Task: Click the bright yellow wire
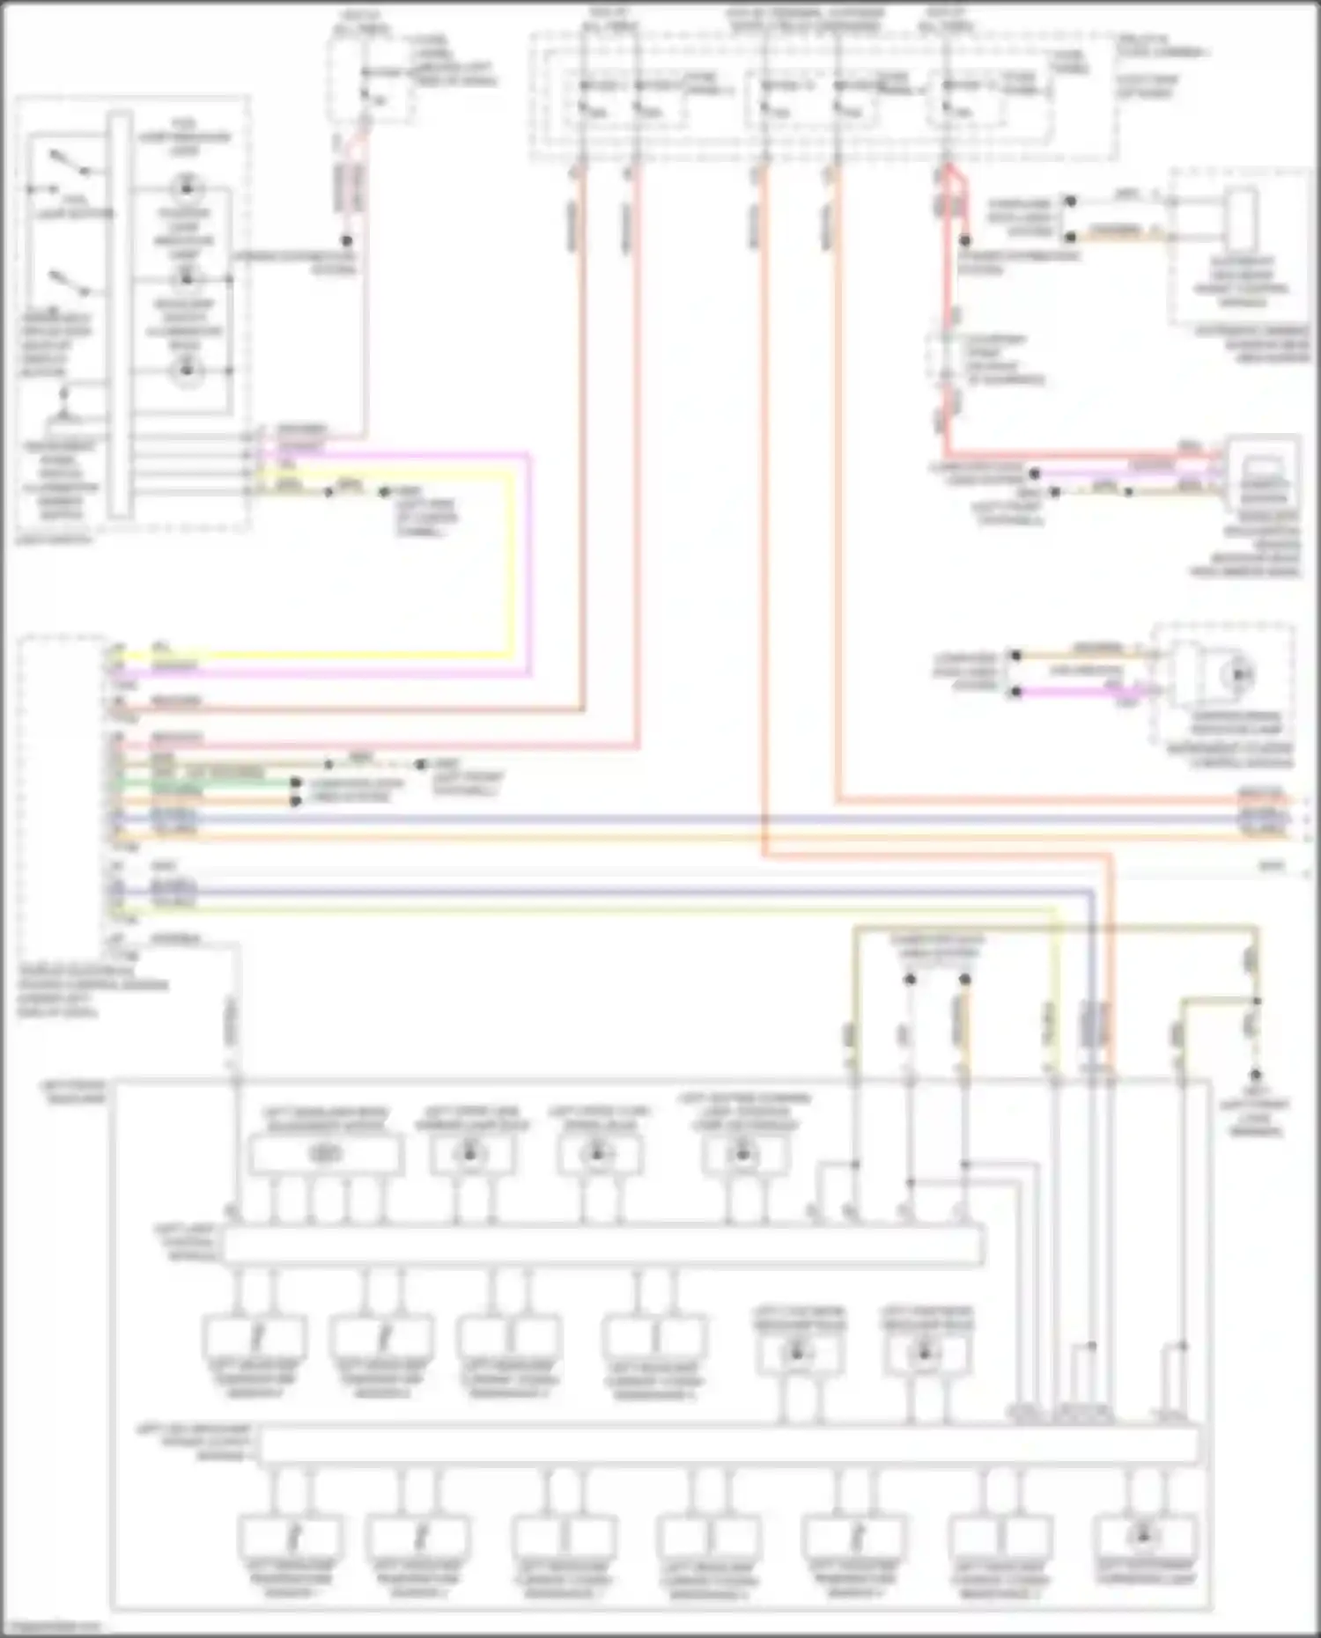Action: (x=511, y=563)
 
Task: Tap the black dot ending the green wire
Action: (x=296, y=782)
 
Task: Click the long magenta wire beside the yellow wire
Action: (x=529, y=563)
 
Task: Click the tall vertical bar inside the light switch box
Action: (x=120, y=313)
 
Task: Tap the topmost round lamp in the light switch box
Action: (x=186, y=187)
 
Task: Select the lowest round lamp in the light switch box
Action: (x=186, y=371)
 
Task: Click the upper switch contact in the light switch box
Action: (x=69, y=162)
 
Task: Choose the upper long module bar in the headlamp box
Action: (x=603, y=1245)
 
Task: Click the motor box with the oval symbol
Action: (x=326, y=1154)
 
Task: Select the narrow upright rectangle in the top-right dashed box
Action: (x=1242, y=216)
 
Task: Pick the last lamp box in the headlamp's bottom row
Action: (x=1144, y=1536)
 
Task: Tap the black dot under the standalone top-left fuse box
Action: (x=347, y=240)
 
